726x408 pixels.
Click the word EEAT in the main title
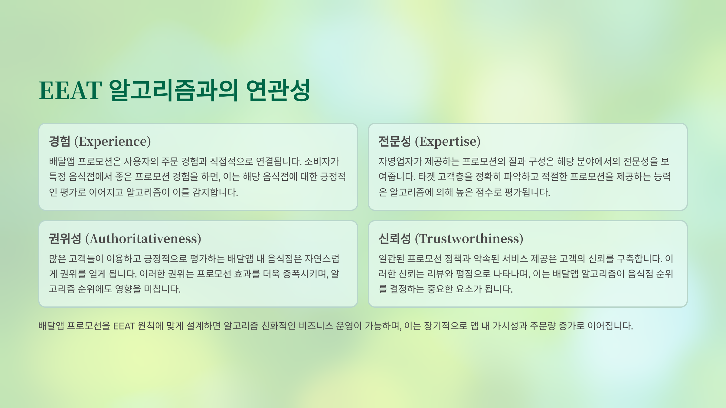(70, 90)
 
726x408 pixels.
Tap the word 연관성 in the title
(278, 90)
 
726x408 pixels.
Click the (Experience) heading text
(113, 141)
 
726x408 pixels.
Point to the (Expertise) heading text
(448, 141)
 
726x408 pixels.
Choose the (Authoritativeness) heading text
(143, 239)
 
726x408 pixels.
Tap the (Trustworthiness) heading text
(469, 239)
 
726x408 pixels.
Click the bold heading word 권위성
(65, 239)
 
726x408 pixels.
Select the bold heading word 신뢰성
(395, 239)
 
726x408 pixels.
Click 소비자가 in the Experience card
(322, 161)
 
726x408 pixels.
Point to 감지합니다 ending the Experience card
(215, 192)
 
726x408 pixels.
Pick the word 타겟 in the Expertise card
(426, 176)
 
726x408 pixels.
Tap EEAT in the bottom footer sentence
(124, 326)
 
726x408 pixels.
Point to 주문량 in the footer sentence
(543, 326)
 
